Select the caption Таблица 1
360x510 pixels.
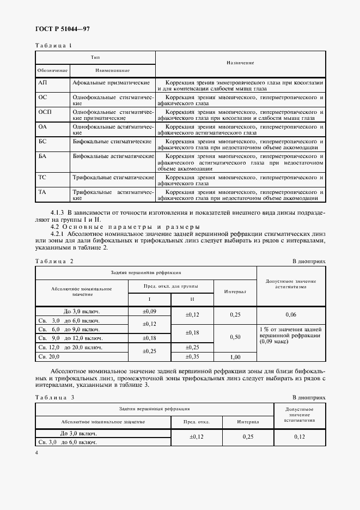tap(53, 45)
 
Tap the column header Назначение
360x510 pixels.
tap(240, 63)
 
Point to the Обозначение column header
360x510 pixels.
tap(52, 71)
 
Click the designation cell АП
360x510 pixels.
tap(42, 82)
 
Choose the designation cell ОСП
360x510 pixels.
tap(45, 111)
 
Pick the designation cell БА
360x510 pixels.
tap(42, 156)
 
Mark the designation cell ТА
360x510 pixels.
tap(42, 192)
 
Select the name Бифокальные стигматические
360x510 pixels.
tap(112, 141)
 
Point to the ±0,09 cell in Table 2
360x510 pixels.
tap(149, 311)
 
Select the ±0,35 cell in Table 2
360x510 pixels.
tap(193, 356)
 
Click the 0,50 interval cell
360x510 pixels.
tap(235, 337)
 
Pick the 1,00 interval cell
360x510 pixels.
tap(235, 357)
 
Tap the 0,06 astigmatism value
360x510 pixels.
tap(291, 315)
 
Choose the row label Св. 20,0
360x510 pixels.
tap(48, 356)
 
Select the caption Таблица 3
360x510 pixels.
tap(54, 397)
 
